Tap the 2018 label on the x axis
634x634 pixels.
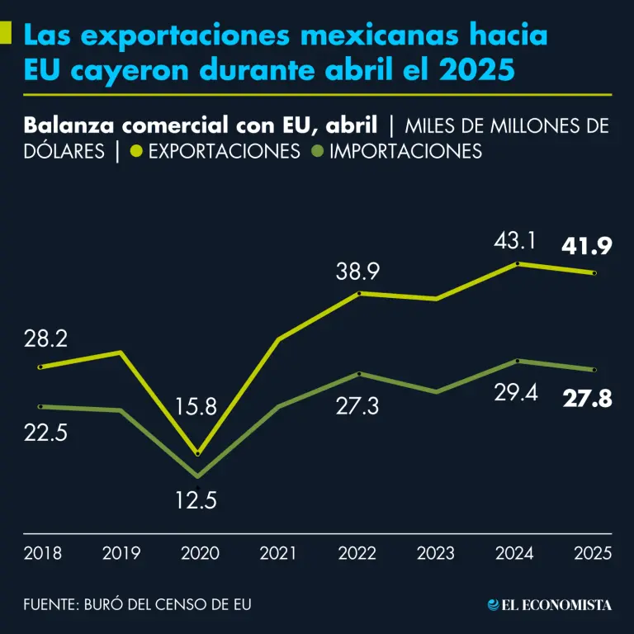(42, 553)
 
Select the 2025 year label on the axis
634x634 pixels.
(592, 553)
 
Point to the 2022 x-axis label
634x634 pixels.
(357, 553)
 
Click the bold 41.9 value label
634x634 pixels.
(587, 245)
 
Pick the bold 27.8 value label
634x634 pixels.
(587, 400)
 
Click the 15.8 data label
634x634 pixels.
(196, 407)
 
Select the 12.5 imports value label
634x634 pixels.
(196, 500)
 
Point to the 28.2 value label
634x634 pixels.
(46, 339)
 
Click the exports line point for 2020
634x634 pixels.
(196, 453)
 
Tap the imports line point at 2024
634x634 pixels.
(517, 361)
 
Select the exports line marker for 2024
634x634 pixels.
(517, 264)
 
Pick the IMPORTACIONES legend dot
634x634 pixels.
(317, 152)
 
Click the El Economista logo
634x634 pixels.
(550, 605)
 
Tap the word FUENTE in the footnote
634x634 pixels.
(49, 605)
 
